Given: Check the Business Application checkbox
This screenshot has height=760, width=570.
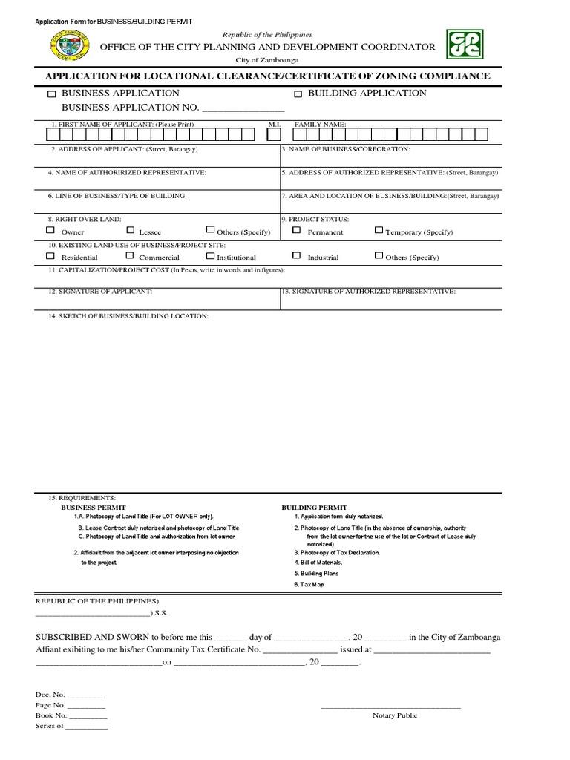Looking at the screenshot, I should click(x=51, y=94).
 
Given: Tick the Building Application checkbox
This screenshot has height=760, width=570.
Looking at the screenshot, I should click(x=298, y=94).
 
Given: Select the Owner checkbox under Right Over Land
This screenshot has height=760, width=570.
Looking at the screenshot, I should click(x=50, y=231).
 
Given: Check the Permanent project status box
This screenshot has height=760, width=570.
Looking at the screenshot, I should click(x=296, y=231).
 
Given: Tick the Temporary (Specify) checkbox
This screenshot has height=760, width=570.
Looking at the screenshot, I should click(x=379, y=231).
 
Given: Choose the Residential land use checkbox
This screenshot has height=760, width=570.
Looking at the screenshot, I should click(x=50, y=256).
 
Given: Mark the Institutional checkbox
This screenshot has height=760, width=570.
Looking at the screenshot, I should click(x=210, y=256).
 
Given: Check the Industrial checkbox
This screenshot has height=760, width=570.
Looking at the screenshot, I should click(x=296, y=256).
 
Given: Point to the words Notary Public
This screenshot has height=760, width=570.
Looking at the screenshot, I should click(x=395, y=715).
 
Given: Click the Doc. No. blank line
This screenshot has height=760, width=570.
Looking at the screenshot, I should click(x=86, y=695).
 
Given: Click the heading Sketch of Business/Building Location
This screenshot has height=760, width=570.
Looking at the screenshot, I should click(x=128, y=316).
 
